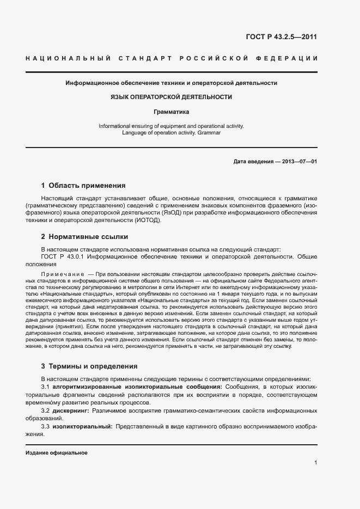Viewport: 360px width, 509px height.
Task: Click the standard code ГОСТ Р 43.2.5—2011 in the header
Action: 282,37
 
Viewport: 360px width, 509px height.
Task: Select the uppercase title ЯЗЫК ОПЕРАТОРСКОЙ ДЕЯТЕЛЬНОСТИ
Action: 171,97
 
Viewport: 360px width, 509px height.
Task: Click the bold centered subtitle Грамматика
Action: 171,112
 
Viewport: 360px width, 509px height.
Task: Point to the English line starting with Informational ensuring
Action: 171,126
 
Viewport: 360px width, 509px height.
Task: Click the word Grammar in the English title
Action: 209,132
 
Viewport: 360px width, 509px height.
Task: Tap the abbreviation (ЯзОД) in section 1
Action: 174,213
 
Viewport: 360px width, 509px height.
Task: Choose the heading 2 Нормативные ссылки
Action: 84,237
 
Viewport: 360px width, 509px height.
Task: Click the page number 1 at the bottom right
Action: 315,463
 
